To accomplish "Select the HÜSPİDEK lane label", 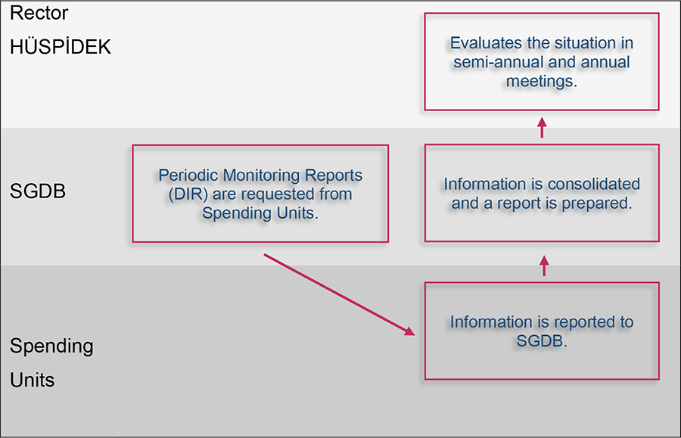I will pos(61,47).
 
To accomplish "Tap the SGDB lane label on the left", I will pos(38,191).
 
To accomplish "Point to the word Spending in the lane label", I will pos(51,346).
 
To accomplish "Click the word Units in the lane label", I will pos(33,380).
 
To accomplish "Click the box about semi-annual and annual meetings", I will pos(541,62).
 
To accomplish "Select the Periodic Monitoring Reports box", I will pos(260,194).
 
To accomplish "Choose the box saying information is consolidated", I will pos(541,193).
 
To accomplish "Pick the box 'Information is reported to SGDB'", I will pos(541,331).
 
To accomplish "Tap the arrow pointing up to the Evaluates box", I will pos(542,127).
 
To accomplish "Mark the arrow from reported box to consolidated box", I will pos(544,266).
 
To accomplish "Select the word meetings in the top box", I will pos(541,81).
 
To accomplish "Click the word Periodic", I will pos(186,176).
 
